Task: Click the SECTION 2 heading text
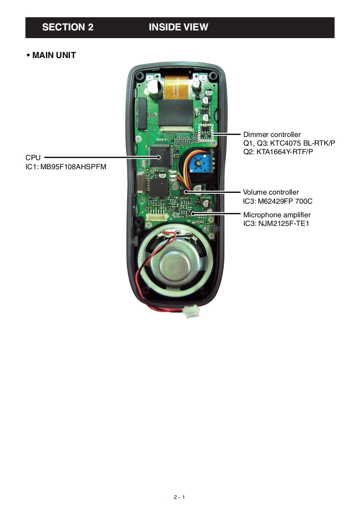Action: [68, 27]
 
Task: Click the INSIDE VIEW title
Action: [178, 27]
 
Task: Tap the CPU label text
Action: [33, 157]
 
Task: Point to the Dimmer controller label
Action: [272, 135]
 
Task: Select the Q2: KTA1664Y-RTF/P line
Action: [278, 151]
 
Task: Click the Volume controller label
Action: [271, 192]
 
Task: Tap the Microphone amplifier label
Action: [277, 215]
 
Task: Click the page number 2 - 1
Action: [179, 497]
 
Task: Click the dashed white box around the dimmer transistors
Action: [206, 132]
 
